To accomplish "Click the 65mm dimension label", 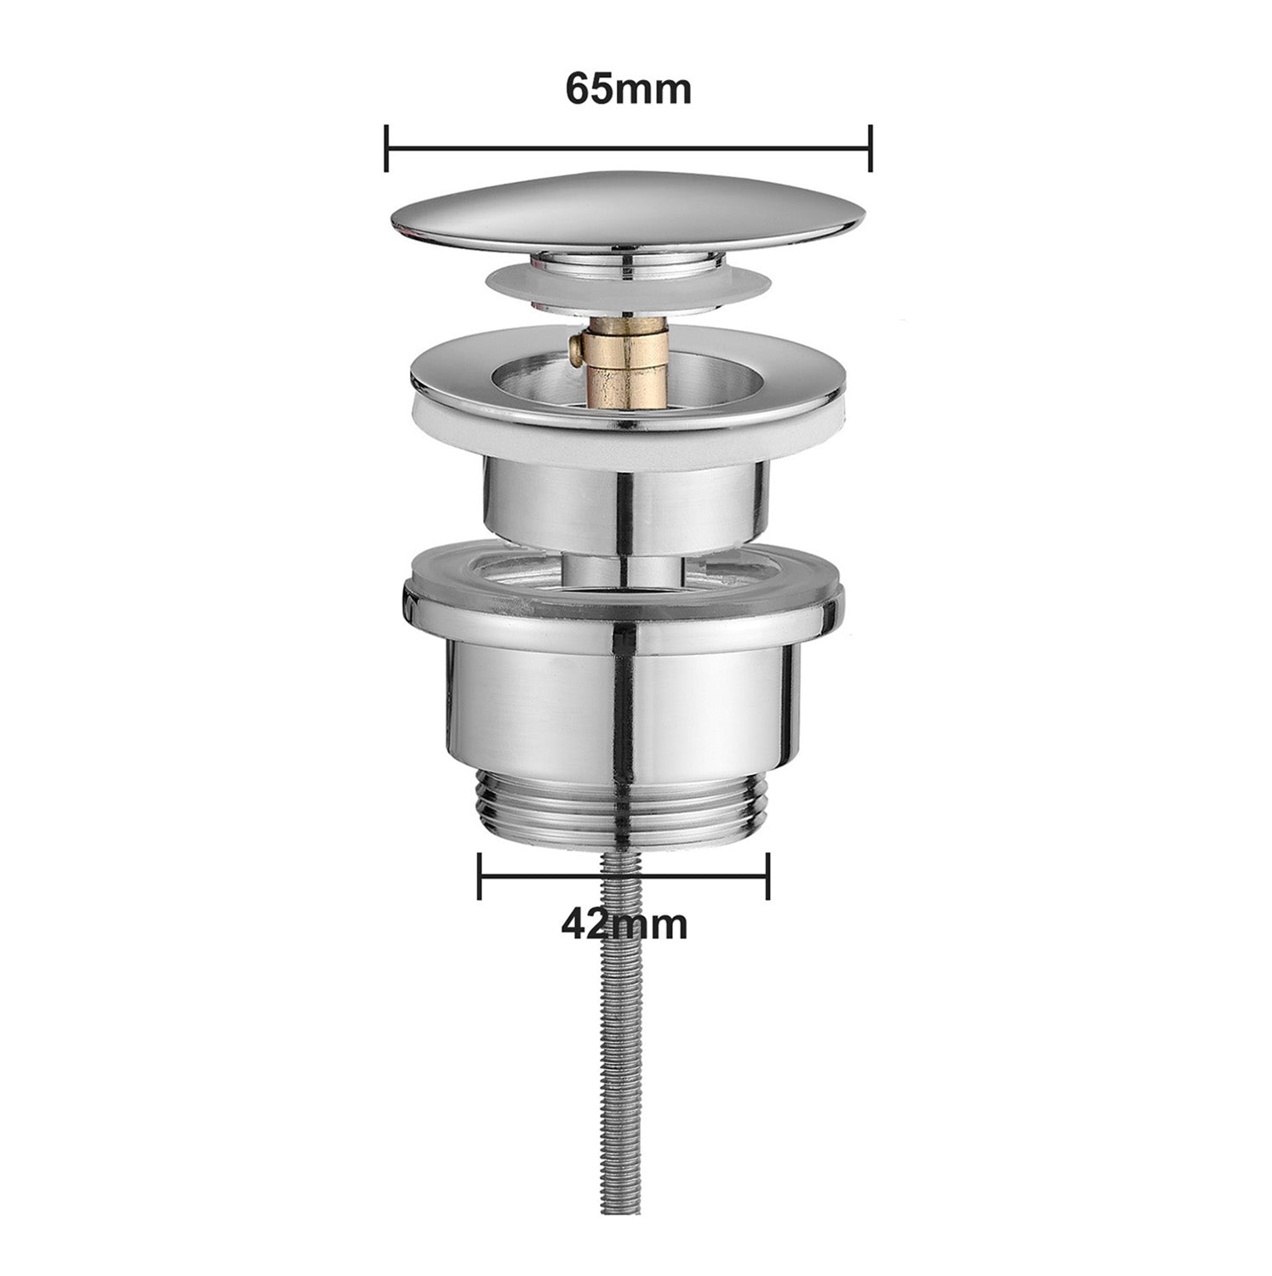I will click(x=628, y=89).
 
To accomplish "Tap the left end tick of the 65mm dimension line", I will click(x=386, y=147).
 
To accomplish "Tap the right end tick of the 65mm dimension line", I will click(x=870, y=147).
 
